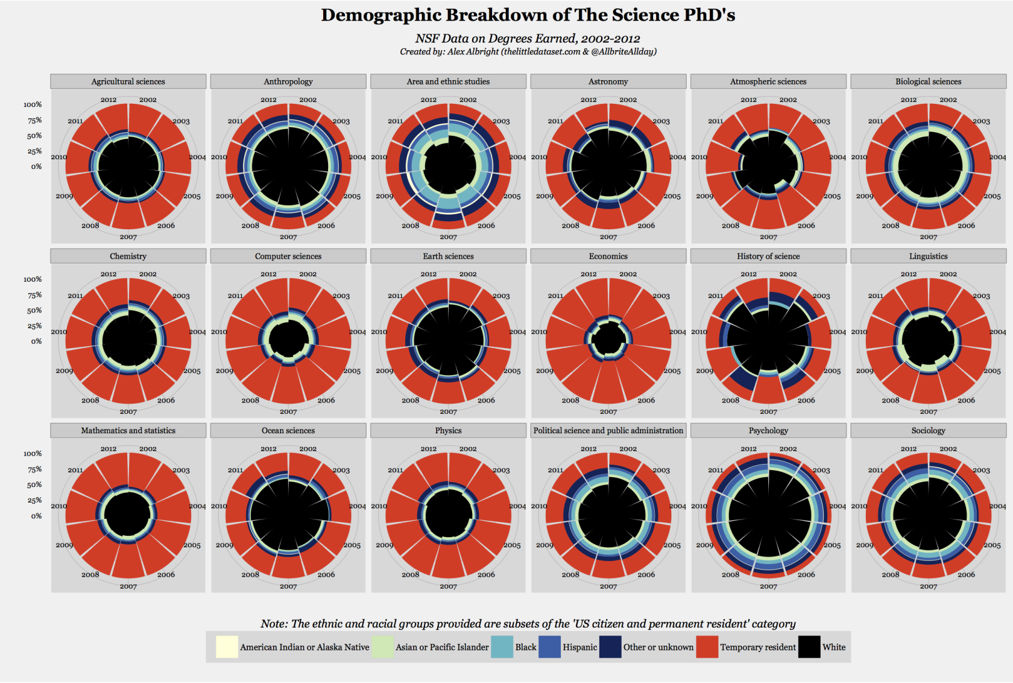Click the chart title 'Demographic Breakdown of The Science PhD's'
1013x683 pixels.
pos(528,15)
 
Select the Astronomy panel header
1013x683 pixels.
pos(608,81)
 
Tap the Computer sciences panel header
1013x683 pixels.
pos(288,256)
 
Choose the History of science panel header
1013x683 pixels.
pos(768,256)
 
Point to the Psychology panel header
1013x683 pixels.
pos(768,431)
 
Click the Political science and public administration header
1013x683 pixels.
pos(608,431)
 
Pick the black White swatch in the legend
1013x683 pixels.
pos(809,647)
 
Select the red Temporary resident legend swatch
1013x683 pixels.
pos(707,647)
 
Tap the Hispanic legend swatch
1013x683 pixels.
pos(549,647)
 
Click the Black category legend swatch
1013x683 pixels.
pos(502,647)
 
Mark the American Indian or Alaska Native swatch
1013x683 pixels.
pos(227,647)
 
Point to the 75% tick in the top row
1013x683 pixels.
pos(34,121)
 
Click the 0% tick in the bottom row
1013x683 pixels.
pos(37,516)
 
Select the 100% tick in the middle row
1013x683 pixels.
pos(33,279)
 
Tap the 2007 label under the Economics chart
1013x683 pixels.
pos(608,412)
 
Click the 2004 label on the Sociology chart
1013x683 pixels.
pos(997,506)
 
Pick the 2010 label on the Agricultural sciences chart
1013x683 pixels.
pos(59,157)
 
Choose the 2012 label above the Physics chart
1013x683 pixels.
pos(428,449)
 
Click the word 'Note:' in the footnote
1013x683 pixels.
pos(274,624)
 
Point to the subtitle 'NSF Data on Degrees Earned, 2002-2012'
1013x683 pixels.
pos(528,39)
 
